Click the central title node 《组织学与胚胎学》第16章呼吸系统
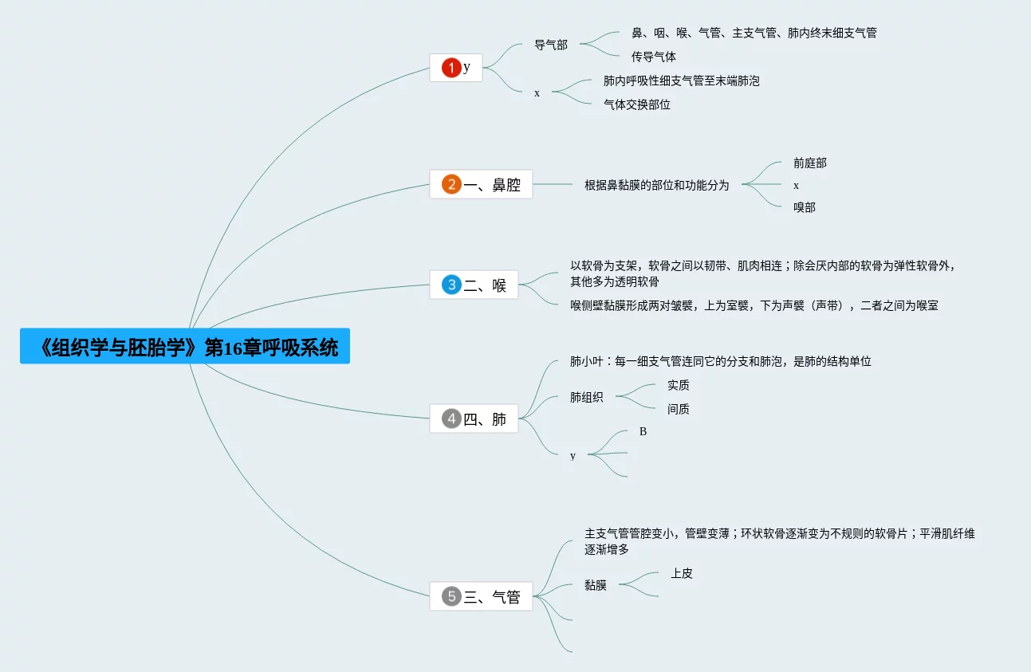tap(185, 348)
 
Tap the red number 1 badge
tap(451, 68)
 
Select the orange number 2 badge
tap(451, 184)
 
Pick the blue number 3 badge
tap(451, 285)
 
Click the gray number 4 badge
tap(451, 419)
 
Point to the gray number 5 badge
tap(451, 596)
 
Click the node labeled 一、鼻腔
tap(492, 185)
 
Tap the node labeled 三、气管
tap(492, 597)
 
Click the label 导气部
tap(551, 45)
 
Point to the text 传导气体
tap(654, 57)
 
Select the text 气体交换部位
tap(637, 104)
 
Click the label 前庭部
tap(809, 163)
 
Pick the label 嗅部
tap(804, 207)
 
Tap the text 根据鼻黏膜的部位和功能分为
tap(656, 185)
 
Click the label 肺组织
tap(586, 397)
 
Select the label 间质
tap(678, 409)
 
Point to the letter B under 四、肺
tap(643, 431)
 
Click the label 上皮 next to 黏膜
tap(681, 573)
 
